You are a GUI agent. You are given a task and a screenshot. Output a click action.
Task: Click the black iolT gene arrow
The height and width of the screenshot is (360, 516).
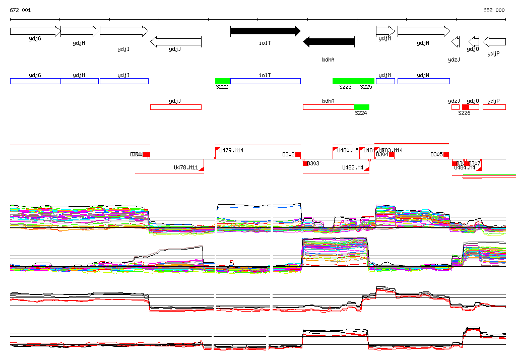(x=265, y=31)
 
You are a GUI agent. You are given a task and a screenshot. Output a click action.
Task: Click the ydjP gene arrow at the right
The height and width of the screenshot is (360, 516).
(x=494, y=41)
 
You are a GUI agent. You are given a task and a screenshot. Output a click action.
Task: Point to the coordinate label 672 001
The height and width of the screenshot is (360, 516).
(x=20, y=11)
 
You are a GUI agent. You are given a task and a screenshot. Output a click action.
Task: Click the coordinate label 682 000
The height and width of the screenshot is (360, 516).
(x=494, y=11)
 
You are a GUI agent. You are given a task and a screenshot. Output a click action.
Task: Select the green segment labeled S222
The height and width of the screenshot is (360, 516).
(x=223, y=81)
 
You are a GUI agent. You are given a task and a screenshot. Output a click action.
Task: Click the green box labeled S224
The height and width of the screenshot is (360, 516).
(x=362, y=107)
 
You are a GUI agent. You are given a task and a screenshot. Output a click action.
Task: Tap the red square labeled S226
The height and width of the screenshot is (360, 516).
(x=466, y=107)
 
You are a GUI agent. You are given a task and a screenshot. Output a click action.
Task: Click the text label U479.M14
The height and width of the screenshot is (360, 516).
(x=232, y=150)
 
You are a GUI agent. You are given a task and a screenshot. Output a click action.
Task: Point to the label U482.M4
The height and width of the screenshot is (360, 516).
(x=353, y=167)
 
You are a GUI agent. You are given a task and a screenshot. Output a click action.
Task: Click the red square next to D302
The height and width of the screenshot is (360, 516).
(x=298, y=154)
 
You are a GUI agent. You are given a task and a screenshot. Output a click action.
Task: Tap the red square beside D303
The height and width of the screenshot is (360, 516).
(x=305, y=163)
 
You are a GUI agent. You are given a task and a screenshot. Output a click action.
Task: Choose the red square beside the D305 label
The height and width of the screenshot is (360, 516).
(x=446, y=154)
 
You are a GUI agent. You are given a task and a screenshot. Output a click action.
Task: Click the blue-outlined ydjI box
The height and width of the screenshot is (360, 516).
(x=124, y=81)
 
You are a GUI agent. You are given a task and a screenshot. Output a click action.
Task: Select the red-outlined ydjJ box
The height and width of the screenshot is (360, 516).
(x=175, y=107)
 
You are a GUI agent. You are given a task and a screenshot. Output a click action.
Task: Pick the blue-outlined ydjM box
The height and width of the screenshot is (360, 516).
(x=385, y=81)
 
